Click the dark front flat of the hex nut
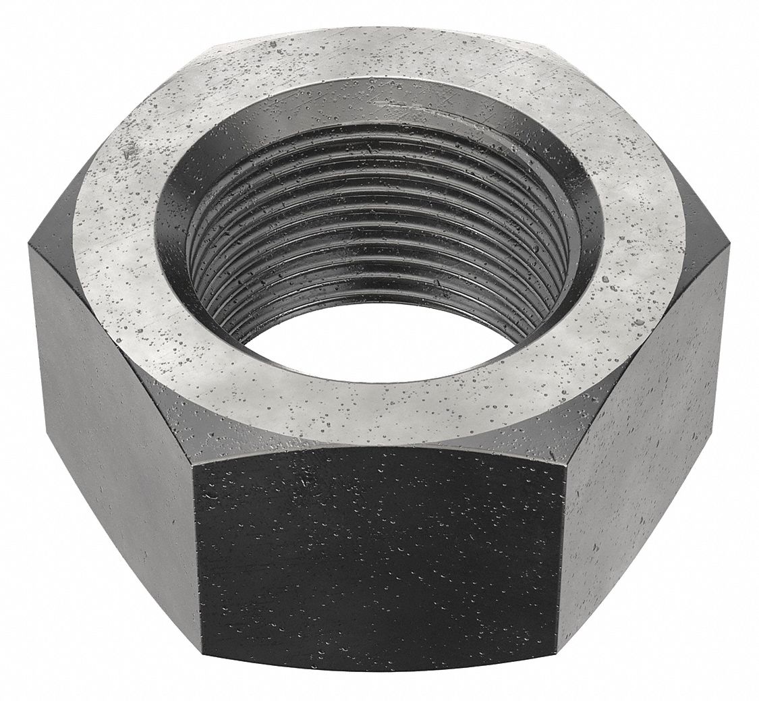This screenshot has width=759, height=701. [378, 560]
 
